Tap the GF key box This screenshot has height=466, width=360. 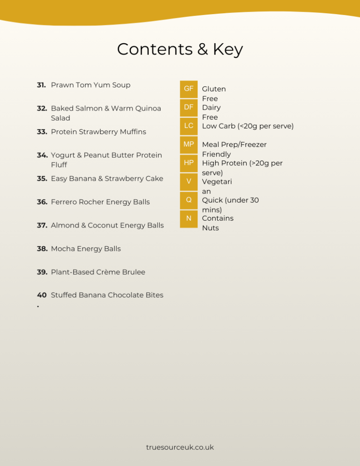(x=188, y=89)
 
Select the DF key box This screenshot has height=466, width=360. (x=188, y=107)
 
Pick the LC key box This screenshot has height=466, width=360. (x=188, y=126)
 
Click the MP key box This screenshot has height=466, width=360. (x=188, y=144)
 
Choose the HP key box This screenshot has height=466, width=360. (x=188, y=162)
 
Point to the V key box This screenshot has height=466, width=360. (x=188, y=181)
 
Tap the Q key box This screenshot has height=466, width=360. (x=188, y=199)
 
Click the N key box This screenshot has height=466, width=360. (x=188, y=218)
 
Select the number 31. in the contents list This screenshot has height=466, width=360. (x=41, y=85)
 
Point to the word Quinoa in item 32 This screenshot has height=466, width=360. (x=148, y=108)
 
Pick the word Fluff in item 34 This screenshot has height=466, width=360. (x=59, y=165)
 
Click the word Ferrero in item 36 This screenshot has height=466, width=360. (x=64, y=202)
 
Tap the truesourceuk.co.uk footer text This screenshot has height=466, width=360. (x=180, y=447)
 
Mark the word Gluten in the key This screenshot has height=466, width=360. (x=214, y=89)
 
